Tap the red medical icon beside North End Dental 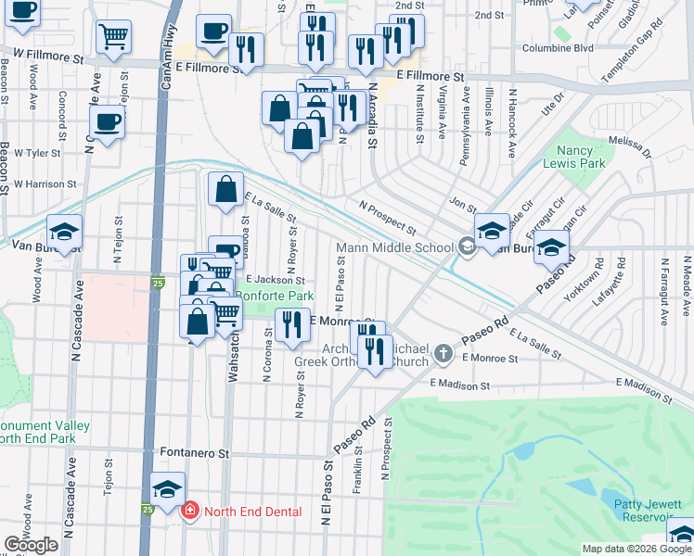[190, 511]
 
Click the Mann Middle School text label [394, 247]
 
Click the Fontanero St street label [198, 454]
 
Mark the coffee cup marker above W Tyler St [108, 120]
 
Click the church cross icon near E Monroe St [443, 353]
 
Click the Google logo [31, 545]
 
